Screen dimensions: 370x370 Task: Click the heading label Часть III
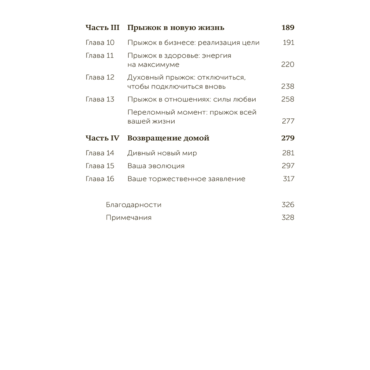pos(102,28)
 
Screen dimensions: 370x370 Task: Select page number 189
pos(287,28)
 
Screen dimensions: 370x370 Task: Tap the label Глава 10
pos(100,43)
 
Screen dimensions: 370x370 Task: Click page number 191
pos(288,43)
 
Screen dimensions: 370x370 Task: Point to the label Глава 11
pos(100,56)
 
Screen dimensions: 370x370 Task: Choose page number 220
pos(287,65)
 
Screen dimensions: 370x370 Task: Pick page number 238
pos(287,87)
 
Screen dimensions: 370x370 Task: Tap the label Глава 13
pos(100,100)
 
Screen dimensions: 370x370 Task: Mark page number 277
pos(287,121)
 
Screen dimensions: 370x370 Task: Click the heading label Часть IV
pos(102,138)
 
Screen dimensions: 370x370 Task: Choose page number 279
pos(287,138)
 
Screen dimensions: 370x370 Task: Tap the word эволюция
pos(166,166)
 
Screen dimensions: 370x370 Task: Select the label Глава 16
pos(100,179)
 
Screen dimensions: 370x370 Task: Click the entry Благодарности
pos(134,205)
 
